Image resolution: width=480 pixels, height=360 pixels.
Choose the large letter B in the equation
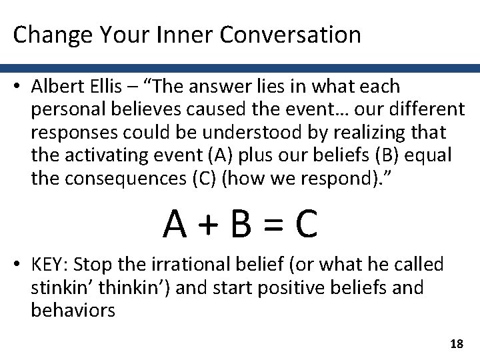[241, 226]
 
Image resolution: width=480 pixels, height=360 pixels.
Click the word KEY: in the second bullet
[48, 265]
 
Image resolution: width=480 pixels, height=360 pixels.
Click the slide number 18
[457, 343]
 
